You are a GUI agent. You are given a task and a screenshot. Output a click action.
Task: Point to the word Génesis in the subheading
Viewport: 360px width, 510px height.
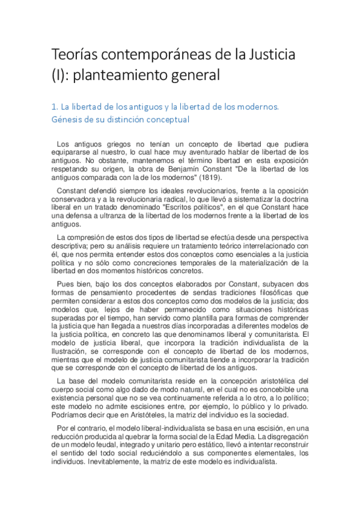67,119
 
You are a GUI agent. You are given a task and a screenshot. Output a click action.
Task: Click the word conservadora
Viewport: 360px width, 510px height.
78,199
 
